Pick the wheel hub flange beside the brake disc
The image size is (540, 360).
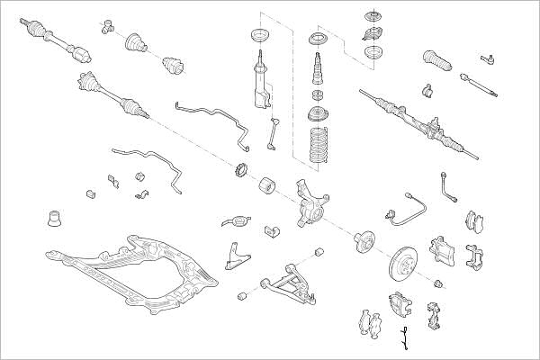pyautogui.click(x=364, y=240)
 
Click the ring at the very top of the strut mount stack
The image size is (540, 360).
pyautogui.click(x=370, y=17)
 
